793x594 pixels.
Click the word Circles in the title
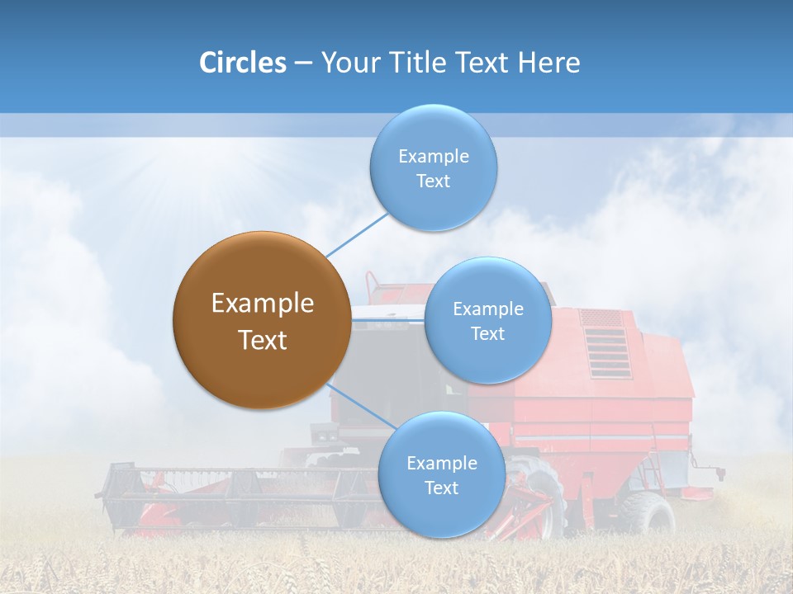[242, 63]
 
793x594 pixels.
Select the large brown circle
[262, 320]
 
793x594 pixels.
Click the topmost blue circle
[433, 167]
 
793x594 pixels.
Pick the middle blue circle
[487, 320]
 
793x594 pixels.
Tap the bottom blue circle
[441, 474]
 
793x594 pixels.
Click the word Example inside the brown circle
[262, 304]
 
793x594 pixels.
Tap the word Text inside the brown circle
[262, 340]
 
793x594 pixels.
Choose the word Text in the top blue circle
[433, 181]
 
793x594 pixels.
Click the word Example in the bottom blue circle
[441, 463]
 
